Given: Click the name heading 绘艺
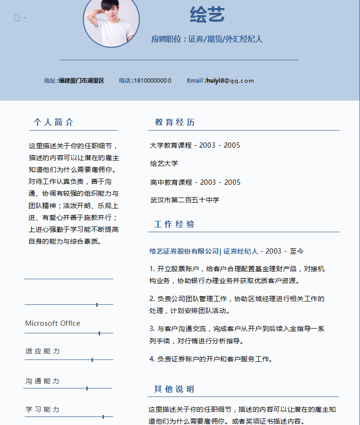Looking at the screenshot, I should tap(207, 15).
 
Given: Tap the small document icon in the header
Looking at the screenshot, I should tap(18, 18).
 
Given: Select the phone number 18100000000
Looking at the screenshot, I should tap(152, 81).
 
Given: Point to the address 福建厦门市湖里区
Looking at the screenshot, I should tap(81, 81).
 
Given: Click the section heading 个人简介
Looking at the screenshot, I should tap(54, 123).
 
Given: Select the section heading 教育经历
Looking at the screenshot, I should tap(175, 123).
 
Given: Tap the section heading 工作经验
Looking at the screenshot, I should tap(175, 224).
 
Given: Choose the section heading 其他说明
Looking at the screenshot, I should tap(174, 389).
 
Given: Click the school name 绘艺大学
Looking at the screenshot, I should tap(164, 163).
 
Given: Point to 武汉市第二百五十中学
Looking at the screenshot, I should tap(185, 200).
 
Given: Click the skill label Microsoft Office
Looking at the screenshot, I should tap(53, 323).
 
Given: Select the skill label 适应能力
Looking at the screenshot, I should tap(43, 351).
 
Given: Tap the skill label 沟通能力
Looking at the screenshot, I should tap(43, 381).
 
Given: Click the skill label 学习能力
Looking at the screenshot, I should tap(43, 409).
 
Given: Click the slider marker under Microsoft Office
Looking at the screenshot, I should tap(99, 333).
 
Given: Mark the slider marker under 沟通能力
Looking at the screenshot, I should tap(87, 388).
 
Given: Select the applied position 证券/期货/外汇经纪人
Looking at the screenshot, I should tap(225, 39).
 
